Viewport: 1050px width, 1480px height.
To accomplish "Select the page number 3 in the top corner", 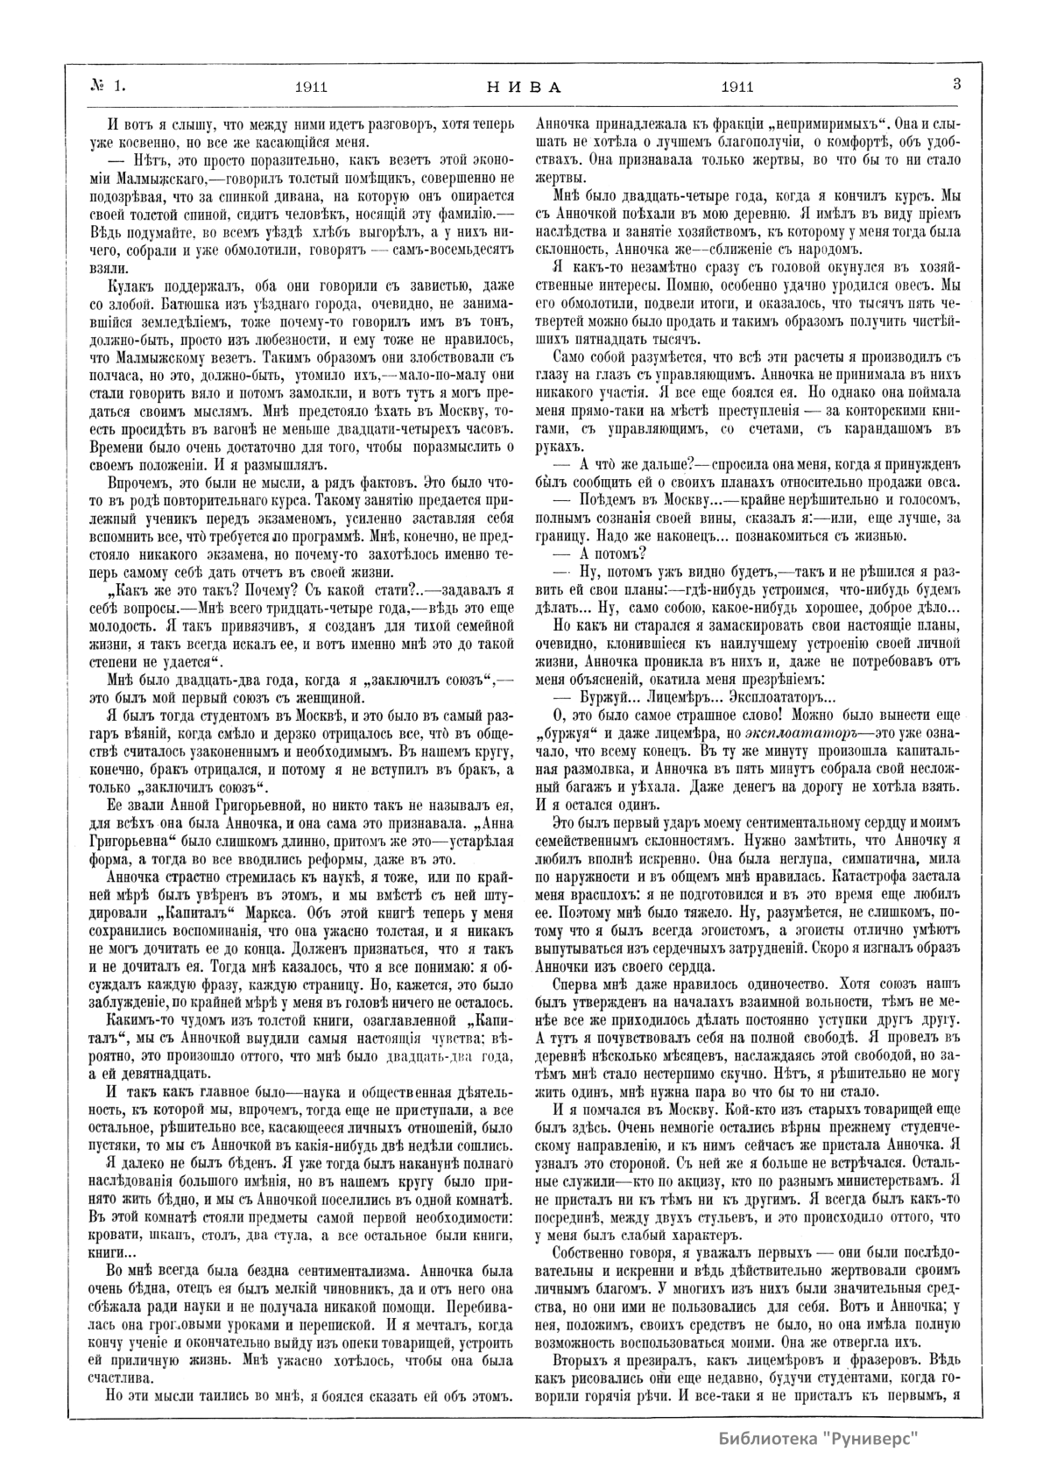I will coord(956,85).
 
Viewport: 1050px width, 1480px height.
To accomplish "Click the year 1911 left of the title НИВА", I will coord(312,87).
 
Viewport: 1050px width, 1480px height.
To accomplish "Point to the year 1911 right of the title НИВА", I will coord(737,87).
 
